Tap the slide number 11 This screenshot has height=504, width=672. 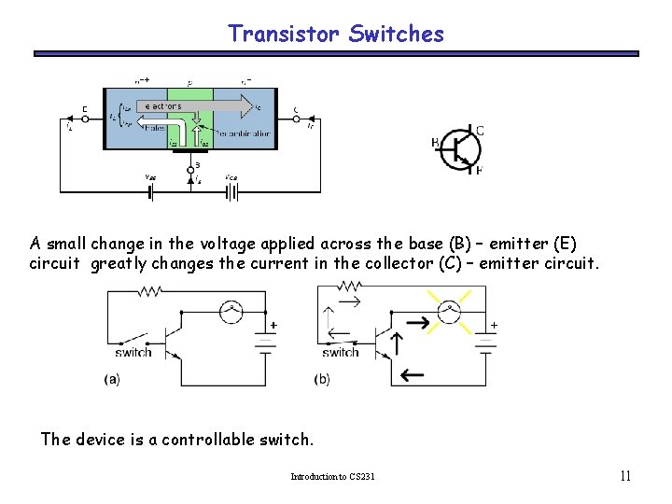pos(626,476)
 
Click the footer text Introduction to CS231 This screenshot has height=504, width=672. pos(332,477)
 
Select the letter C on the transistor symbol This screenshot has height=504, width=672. pos(479,131)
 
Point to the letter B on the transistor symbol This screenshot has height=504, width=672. pos(436,143)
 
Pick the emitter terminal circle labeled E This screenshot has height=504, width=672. pos(86,119)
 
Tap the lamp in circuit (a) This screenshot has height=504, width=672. pos(230,309)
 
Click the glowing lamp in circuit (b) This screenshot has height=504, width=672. pos(450,309)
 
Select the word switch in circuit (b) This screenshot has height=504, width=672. pos(341,352)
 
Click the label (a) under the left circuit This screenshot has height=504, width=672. pos(111,379)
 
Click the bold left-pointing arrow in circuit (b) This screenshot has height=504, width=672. pos(411,375)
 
